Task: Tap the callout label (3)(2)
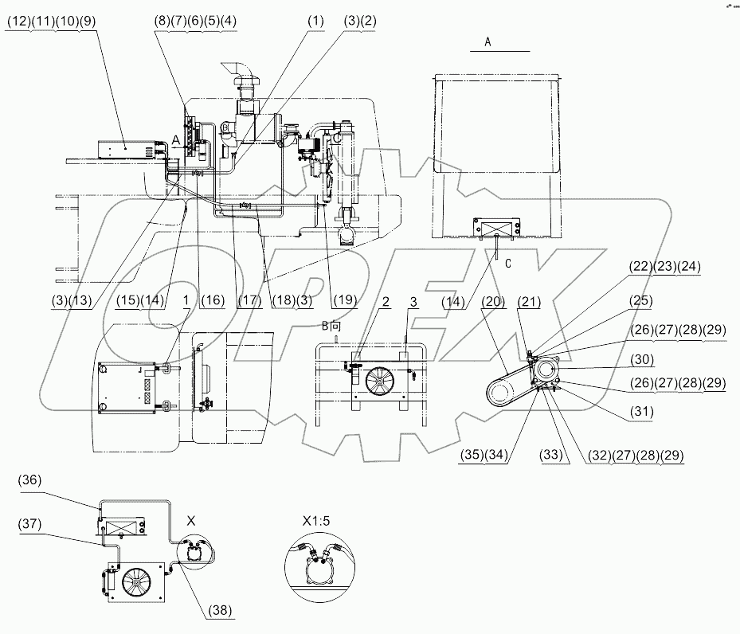(x=362, y=24)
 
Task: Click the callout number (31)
(x=637, y=413)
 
